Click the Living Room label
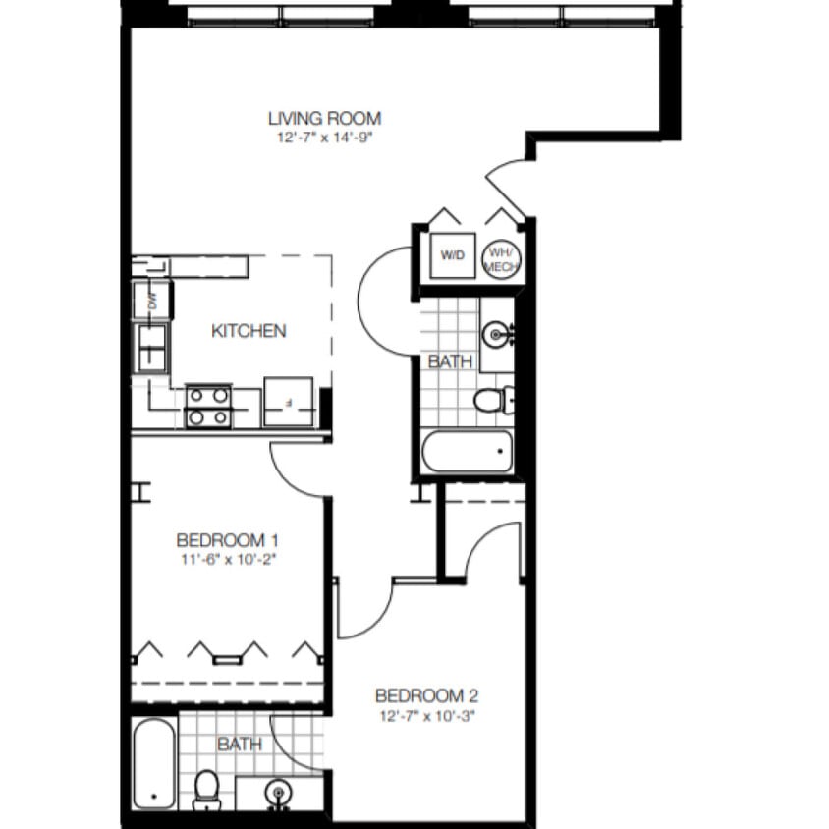tap(324, 119)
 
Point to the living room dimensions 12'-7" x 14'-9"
tap(324, 138)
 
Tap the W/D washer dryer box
tap(452, 256)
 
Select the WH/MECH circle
tap(502, 258)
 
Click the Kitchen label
tap(249, 331)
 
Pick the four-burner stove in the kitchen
tap(208, 406)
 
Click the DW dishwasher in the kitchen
tap(153, 301)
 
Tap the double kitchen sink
tap(151, 345)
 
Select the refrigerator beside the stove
tap(288, 402)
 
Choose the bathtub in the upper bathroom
tap(468, 453)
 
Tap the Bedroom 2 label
tap(427, 696)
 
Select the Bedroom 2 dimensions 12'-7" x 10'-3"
tap(427, 715)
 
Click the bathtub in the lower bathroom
tap(153, 764)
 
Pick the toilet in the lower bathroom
tap(206, 788)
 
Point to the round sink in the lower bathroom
tap(279, 792)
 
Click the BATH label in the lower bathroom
tap(240, 745)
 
